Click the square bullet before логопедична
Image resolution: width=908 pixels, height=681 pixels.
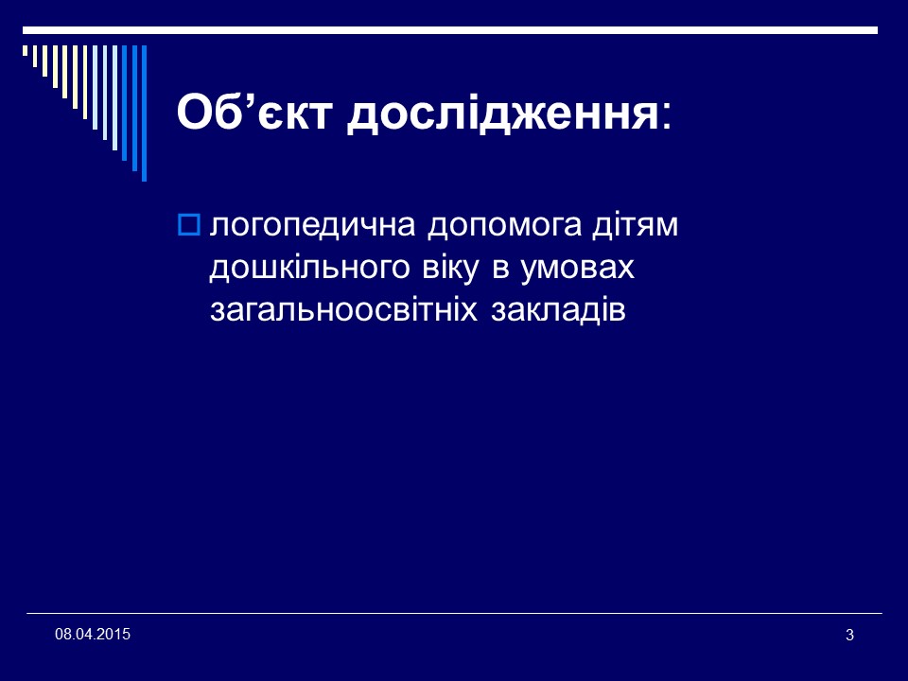[186, 225]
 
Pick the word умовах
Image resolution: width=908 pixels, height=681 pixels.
[576, 270]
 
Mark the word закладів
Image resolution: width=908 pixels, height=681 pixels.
[559, 310]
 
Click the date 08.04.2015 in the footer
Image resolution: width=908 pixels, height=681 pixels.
[93, 633]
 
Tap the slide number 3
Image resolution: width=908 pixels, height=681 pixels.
[849, 634]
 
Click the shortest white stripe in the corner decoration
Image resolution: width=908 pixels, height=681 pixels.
[26, 51]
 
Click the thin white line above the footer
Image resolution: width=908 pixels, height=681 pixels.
[454, 613]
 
